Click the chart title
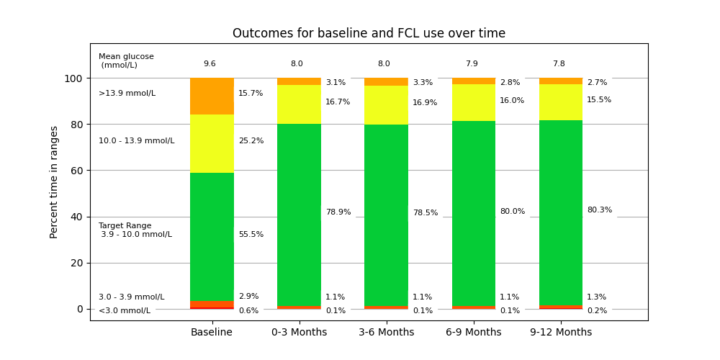pos(369,34)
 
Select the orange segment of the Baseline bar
pos(212,96)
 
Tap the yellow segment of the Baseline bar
pos(212,143)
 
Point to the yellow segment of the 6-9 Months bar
pos(474,102)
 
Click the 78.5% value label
pos(425,213)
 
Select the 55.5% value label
pos(251,235)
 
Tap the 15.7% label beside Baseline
pos(251,94)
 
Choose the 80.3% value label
pos(600,210)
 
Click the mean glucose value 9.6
pos(210,64)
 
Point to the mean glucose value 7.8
pos(559,64)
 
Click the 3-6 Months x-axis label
pos(387,333)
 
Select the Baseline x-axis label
pos(212,333)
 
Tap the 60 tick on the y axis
pos(78,171)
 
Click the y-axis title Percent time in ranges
pos(55,181)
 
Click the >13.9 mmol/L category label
pos(127,94)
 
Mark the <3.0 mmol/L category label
pos(125,311)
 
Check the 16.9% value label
pos(425,103)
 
